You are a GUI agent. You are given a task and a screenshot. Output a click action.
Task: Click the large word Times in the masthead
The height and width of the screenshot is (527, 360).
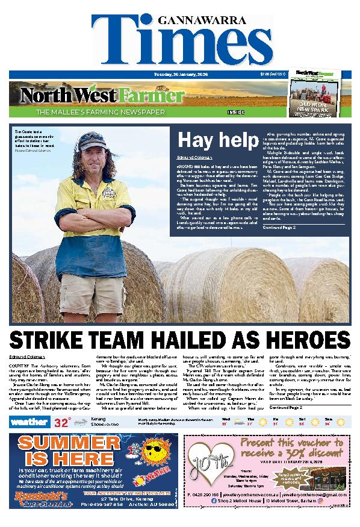click(180, 43)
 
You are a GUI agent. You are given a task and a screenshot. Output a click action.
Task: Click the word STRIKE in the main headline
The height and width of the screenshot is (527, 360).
click(54, 338)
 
